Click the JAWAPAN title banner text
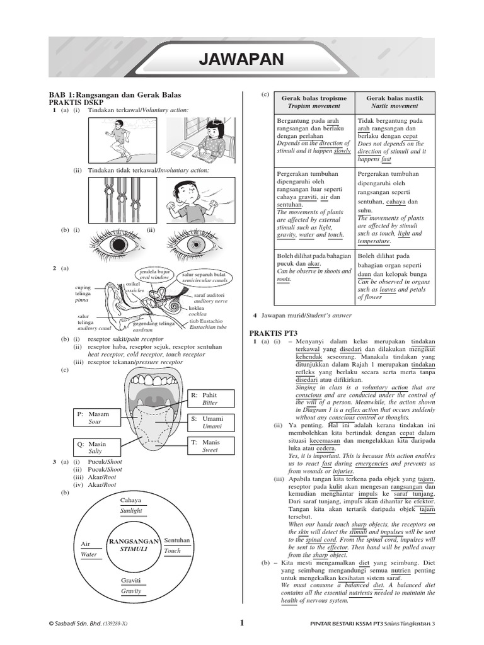point(241,60)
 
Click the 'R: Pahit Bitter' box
point(211,399)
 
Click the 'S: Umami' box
point(211,422)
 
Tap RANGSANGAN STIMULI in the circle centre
point(133,545)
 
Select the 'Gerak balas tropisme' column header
point(314,102)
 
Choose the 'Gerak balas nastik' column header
point(395,102)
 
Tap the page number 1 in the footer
point(241,623)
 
